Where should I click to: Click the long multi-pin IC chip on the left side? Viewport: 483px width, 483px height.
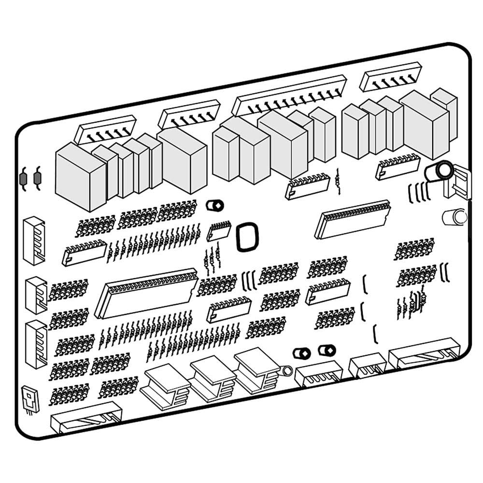pyautogui.click(x=146, y=293)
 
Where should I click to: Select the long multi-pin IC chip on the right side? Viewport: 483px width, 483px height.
pyautogui.click(x=353, y=219)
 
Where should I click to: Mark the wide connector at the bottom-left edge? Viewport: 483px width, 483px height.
pyautogui.click(x=85, y=416)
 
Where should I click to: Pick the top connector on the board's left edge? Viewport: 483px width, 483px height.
pyautogui.click(x=34, y=240)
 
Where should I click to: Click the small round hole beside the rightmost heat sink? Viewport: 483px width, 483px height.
pyautogui.click(x=286, y=371)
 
